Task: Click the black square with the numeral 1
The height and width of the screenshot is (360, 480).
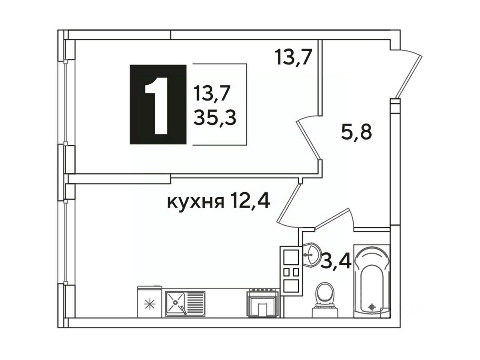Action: pos(158,104)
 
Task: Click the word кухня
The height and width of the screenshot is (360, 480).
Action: pos(196,202)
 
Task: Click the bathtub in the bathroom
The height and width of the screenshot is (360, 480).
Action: pos(372,281)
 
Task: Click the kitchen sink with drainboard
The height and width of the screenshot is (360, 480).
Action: pos(185,304)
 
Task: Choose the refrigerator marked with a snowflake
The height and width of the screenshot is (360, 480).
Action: pos(150,302)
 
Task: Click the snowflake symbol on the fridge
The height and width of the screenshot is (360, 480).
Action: pos(150,304)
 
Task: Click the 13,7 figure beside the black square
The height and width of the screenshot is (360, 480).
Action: pos(209,93)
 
